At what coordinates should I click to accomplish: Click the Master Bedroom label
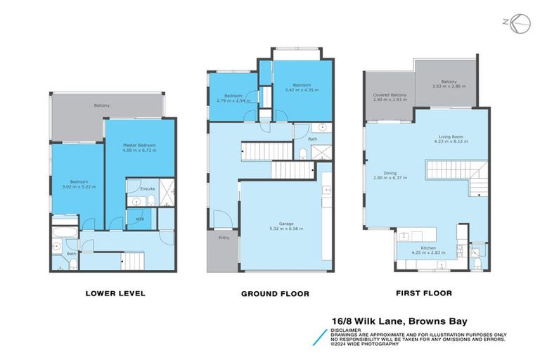pos(139,145)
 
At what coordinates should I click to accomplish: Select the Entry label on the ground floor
pos(224,238)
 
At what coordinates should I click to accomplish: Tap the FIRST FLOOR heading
pos(423,293)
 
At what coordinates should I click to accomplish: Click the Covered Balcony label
pos(389,95)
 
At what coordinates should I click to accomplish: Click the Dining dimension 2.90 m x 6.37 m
pos(391,179)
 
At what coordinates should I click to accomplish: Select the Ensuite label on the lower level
pos(148,188)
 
